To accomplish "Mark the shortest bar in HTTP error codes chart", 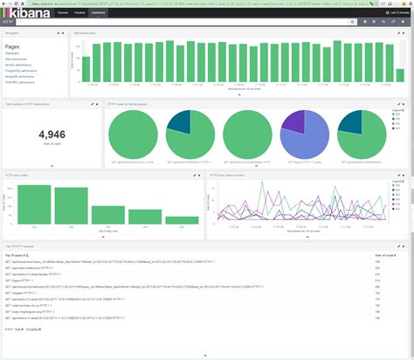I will pos(181,220).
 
